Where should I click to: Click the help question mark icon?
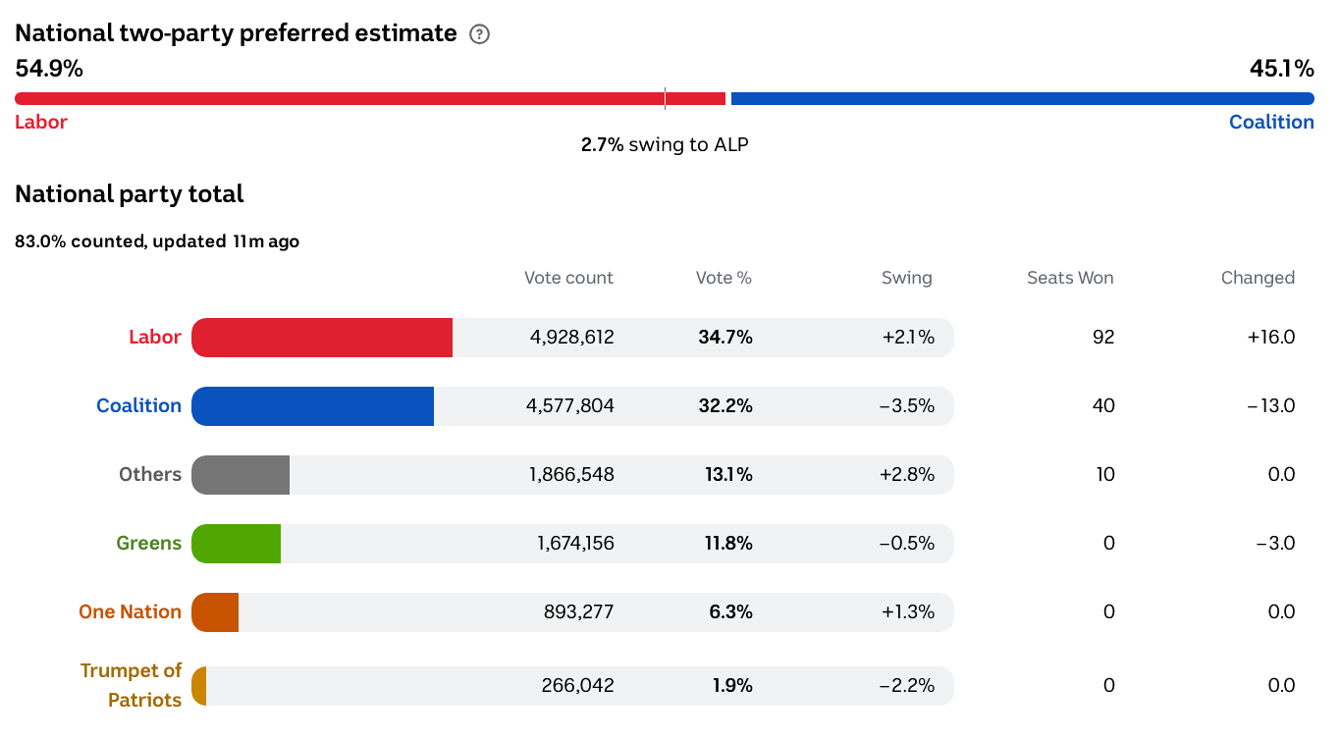tap(479, 34)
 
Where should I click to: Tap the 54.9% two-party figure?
tap(49, 69)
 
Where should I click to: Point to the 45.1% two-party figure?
tap(1281, 69)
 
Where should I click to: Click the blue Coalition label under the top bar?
tap(1271, 123)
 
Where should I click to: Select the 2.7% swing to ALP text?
tap(665, 145)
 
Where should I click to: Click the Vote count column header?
tap(568, 278)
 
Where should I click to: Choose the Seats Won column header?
tap(1070, 278)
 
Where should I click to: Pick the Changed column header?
tap(1258, 278)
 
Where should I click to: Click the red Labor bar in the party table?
tap(322, 338)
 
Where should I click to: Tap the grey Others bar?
tap(241, 475)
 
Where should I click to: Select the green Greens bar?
tap(237, 544)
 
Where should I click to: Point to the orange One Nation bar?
tap(216, 612)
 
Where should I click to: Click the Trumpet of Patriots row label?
tap(131, 685)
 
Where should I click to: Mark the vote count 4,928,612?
tap(571, 338)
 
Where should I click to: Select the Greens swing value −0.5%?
tap(908, 544)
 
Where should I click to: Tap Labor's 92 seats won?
tap(1103, 338)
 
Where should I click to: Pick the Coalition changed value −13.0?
tap(1271, 406)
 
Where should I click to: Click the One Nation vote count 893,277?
tap(578, 612)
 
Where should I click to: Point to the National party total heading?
tap(130, 194)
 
